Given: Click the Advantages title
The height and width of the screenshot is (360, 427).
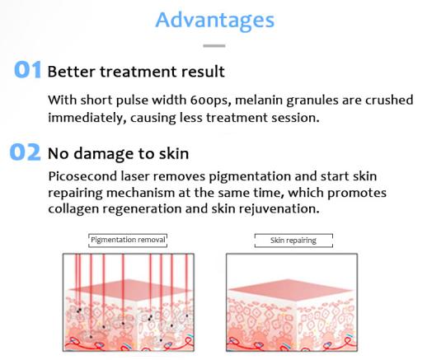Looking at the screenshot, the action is [x=215, y=21].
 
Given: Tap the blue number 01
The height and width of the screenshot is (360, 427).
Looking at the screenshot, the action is [x=27, y=70].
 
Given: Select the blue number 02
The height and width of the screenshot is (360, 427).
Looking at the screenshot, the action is [x=25, y=152].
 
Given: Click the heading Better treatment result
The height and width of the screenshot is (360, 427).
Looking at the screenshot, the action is [x=136, y=72].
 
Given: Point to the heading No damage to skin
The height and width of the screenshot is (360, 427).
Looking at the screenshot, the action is [x=118, y=153].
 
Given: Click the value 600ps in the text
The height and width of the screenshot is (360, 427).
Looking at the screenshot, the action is [x=210, y=101].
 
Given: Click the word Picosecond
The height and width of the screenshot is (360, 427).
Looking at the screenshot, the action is [x=82, y=176].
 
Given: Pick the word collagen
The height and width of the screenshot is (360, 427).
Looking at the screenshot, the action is [x=73, y=209].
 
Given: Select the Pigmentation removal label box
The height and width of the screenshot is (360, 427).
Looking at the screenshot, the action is [x=128, y=241].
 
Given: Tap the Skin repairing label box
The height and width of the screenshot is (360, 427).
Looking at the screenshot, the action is [x=293, y=241].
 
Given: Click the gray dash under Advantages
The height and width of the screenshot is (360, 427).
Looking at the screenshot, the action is [x=214, y=46].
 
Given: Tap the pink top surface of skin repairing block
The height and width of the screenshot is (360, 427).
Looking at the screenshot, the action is [x=291, y=289].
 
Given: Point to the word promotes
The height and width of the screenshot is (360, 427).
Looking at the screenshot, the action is [x=357, y=193].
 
